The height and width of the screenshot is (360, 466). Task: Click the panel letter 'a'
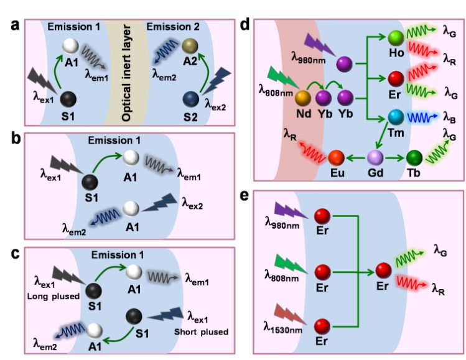tap(11, 26)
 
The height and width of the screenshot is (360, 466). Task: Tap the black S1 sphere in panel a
tap(70, 98)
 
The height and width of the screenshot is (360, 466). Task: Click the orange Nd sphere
tap(304, 99)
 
